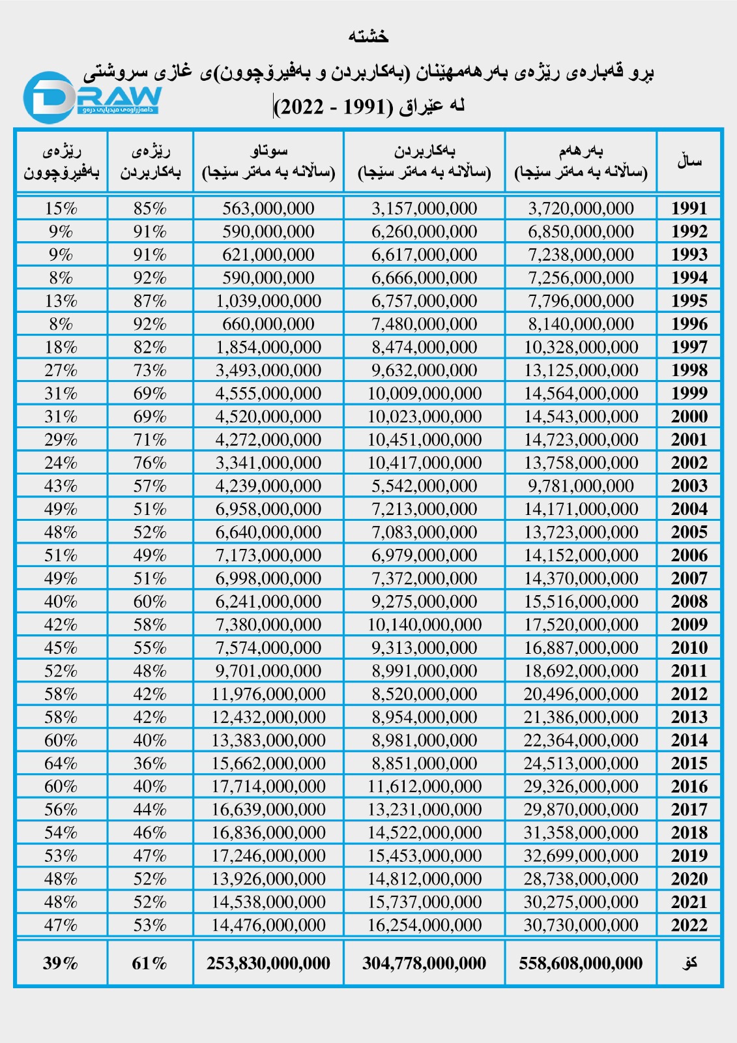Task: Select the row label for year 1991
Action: (x=689, y=209)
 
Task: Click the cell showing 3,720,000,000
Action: (x=581, y=209)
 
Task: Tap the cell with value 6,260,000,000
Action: (x=424, y=231)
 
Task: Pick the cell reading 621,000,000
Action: (x=268, y=255)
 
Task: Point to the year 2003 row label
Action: (x=689, y=486)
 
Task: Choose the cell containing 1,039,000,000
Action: (x=268, y=301)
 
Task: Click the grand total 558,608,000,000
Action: (x=581, y=963)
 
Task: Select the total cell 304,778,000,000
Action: (x=424, y=963)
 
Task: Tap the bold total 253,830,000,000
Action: (x=268, y=963)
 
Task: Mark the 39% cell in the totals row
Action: (x=61, y=963)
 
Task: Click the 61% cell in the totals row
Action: (x=150, y=963)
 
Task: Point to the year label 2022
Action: (x=689, y=926)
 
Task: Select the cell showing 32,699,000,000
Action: (x=581, y=856)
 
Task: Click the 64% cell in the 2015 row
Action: (x=61, y=763)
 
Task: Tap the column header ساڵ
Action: (x=689, y=161)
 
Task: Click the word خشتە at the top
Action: (x=369, y=37)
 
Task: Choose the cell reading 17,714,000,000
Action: (x=268, y=787)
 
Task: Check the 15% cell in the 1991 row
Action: (x=61, y=209)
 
